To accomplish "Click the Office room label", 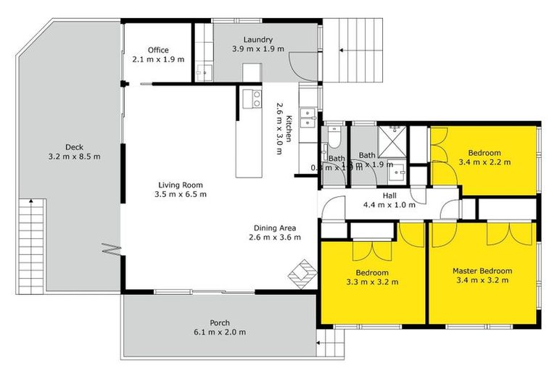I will click(x=158, y=50).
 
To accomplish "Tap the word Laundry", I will click(x=257, y=39).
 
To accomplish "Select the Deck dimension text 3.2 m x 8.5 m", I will click(x=74, y=156).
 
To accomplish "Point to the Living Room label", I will click(x=181, y=184).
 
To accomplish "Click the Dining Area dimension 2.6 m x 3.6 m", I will click(x=272, y=237).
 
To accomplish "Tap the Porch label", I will click(x=220, y=322).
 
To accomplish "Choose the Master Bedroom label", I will click(x=482, y=271).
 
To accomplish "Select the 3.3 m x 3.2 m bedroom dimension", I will click(x=373, y=282).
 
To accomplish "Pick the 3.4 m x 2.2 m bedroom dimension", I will click(x=484, y=162).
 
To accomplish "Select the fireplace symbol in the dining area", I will click(x=303, y=274).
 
